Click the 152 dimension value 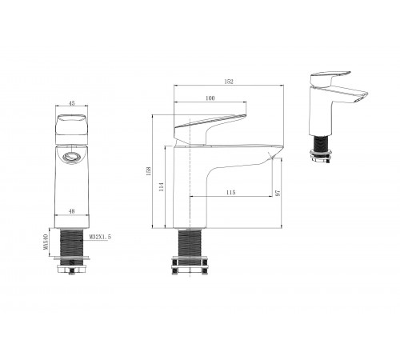click(x=229, y=82)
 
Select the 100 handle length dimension click(x=210, y=98)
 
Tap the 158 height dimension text click(x=149, y=171)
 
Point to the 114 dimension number click(x=161, y=186)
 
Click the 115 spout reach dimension click(x=230, y=192)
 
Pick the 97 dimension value click(x=278, y=193)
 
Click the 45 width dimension click(x=72, y=103)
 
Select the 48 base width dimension click(x=72, y=211)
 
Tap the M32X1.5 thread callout click(x=100, y=237)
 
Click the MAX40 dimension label click(x=46, y=242)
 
